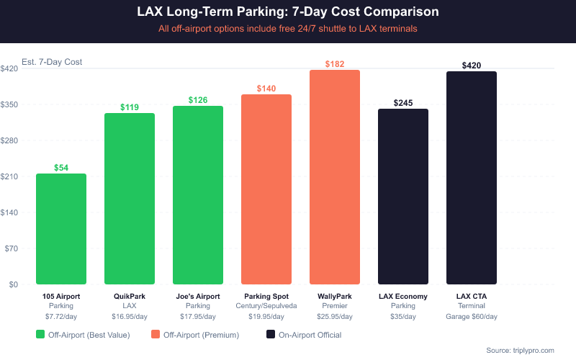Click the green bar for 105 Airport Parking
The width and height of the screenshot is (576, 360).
tap(61, 229)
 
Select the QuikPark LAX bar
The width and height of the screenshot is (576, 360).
tap(130, 199)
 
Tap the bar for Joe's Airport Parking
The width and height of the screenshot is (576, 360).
tap(198, 195)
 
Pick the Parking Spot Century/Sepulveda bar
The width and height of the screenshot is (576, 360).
tap(266, 189)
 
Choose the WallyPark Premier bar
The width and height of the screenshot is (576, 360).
tap(335, 177)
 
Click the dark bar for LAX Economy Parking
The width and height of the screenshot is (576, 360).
tap(403, 197)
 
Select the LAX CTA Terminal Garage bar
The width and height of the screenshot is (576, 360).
tap(472, 178)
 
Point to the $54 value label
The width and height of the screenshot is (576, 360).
tap(61, 168)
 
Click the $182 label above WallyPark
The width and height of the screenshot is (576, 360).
tap(335, 64)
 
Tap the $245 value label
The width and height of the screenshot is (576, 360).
tap(403, 103)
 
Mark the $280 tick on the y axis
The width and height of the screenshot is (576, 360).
tap(10, 140)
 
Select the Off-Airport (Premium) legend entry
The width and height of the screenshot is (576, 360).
tap(194, 335)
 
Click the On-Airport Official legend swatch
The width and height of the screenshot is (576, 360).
tap(271, 335)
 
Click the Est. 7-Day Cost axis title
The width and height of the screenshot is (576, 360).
tap(52, 62)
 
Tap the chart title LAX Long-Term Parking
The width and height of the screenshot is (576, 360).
tap(288, 12)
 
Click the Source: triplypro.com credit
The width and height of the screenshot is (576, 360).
tap(521, 350)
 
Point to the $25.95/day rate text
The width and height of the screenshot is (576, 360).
tap(335, 316)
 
